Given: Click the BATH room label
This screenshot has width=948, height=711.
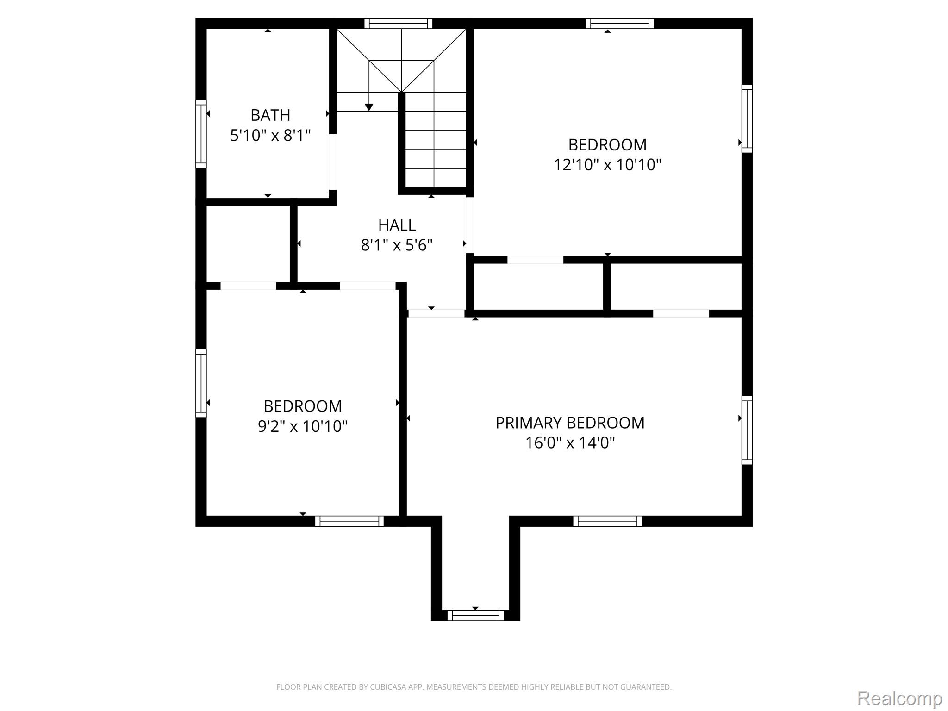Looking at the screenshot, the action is click(270, 115).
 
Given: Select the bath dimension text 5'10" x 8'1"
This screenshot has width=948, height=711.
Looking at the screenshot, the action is click(270, 135).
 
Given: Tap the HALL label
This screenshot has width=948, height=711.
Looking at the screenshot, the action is click(397, 225).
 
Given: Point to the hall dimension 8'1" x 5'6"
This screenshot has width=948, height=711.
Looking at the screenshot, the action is click(397, 245).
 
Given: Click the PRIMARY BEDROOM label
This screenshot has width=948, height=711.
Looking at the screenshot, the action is click(570, 423).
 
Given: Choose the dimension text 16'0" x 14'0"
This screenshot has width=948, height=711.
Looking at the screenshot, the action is click(570, 443).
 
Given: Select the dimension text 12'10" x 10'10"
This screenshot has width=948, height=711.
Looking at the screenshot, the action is click(607, 165).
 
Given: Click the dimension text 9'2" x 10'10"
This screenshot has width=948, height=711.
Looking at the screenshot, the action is click(303, 426).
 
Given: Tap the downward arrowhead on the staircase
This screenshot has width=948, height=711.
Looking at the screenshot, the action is click(369, 107).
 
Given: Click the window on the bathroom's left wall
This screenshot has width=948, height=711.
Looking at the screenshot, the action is click(201, 134).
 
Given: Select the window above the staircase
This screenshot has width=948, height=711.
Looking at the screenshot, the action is click(398, 23).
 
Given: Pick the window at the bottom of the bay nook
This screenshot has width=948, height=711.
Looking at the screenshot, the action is click(475, 615).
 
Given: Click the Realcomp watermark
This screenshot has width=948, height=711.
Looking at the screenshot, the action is click(900, 698).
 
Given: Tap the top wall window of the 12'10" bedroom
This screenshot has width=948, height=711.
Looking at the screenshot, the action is click(620, 23).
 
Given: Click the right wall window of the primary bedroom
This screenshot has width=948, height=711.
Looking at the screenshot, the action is click(747, 430).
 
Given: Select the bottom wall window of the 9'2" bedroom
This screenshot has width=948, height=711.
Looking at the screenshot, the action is click(349, 521).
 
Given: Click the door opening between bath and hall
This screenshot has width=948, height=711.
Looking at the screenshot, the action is click(332, 162).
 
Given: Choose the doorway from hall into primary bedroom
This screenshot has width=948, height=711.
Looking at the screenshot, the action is click(436, 313).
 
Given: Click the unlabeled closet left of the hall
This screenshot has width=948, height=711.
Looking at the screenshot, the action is click(248, 243).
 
